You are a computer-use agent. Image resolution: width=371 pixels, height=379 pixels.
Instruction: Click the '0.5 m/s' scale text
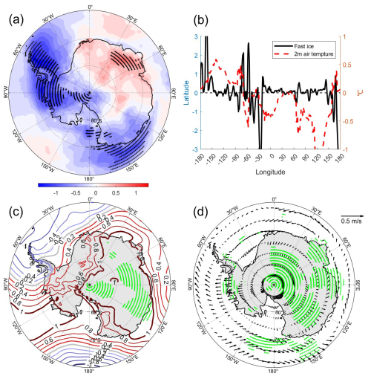click(349, 221)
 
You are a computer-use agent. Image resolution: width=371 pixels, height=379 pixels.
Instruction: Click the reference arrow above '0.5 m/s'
click(349, 212)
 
